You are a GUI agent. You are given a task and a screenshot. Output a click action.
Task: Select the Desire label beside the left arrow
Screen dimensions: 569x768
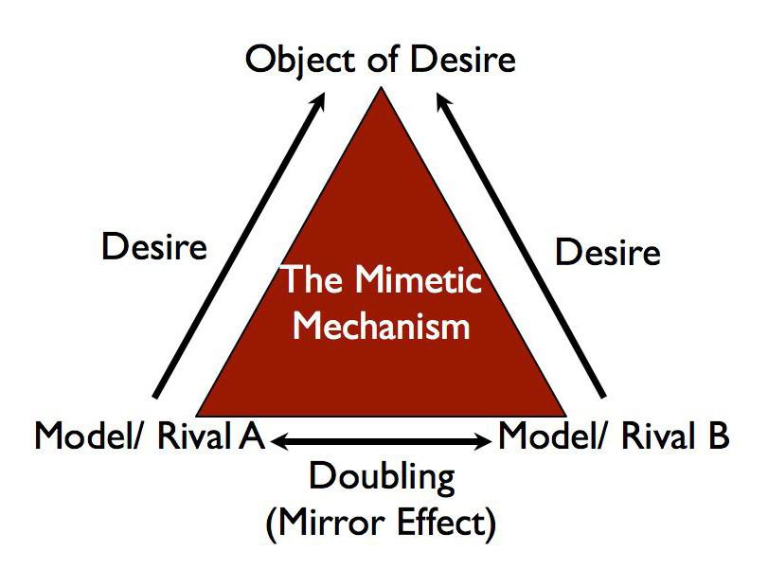pyautogui.click(x=153, y=248)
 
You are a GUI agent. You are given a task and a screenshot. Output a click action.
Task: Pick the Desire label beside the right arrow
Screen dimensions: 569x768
pyautogui.click(x=606, y=253)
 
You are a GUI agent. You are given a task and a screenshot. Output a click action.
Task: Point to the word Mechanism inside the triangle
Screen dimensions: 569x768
pyautogui.click(x=382, y=326)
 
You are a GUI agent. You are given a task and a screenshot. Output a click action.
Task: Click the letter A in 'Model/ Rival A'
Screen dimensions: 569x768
pyautogui.click(x=251, y=436)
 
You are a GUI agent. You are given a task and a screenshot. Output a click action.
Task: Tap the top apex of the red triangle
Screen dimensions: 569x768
pyautogui.click(x=382, y=88)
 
